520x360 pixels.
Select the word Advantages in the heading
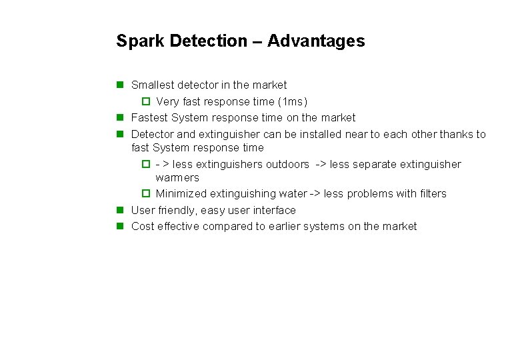pyautogui.click(x=316, y=41)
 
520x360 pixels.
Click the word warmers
pyautogui.click(x=177, y=178)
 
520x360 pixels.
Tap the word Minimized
pyautogui.click(x=181, y=194)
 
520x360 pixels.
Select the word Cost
pyautogui.click(x=143, y=227)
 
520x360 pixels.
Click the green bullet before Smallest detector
pyautogui.click(x=120, y=85)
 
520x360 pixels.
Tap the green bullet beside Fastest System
pyautogui.click(x=120, y=118)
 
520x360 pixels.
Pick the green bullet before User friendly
pyautogui.click(x=120, y=210)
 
